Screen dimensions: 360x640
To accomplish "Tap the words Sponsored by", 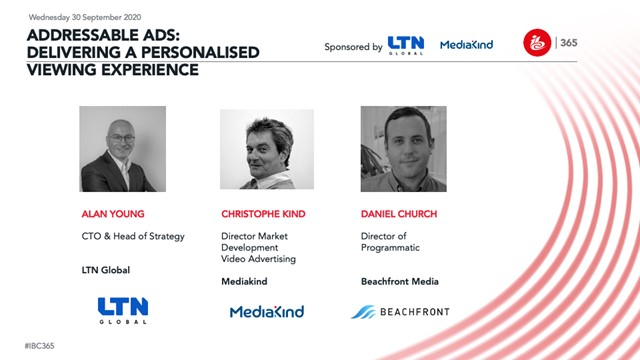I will tap(353, 47).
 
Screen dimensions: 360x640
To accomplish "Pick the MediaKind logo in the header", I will tap(469, 46).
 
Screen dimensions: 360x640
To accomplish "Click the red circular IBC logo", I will tap(537, 42).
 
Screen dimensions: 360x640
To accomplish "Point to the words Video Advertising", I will tap(258, 260).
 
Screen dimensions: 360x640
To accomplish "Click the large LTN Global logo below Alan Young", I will tap(124, 311).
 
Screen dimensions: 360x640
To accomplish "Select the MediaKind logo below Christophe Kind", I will tap(266, 312).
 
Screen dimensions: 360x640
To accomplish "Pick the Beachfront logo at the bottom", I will tap(400, 312).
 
